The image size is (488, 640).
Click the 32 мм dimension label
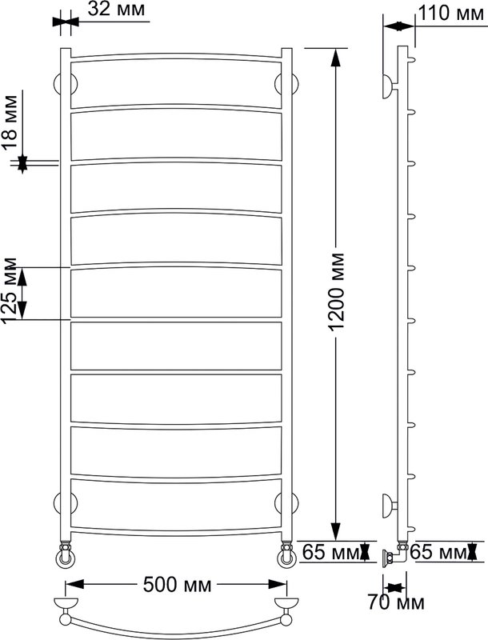pos(116,9)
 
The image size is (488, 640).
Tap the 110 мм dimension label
pos(452,14)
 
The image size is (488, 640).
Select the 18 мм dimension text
pos(10,123)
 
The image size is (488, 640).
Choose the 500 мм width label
pos(177,585)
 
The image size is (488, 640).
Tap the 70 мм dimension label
pos(396,602)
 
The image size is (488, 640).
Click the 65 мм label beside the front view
pos(331,552)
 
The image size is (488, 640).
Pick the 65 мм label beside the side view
pos(438,552)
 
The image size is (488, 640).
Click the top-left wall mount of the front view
pos(66,85)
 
